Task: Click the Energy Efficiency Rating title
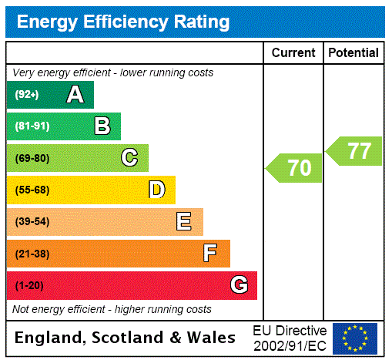(x=123, y=22)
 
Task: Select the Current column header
(x=293, y=53)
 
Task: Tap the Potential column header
(x=353, y=53)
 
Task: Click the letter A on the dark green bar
(x=75, y=95)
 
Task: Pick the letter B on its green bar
(x=102, y=126)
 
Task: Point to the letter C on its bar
(x=129, y=158)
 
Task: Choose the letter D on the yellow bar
(x=156, y=190)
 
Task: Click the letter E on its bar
(x=184, y=222)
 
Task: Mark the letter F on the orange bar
(x=210, y=254)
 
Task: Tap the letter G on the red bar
(x=239, y=285)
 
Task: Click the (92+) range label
(x=27, y=95)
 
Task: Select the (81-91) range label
(x=32, y=126)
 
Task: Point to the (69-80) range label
(x=32, y=158)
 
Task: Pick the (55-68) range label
(x=32, y=190)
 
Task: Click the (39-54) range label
(x=32, y=222)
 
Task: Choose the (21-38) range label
(x=32, y=254)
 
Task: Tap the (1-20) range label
(x=29, y=285)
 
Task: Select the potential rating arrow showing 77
(x=355, y=150)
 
